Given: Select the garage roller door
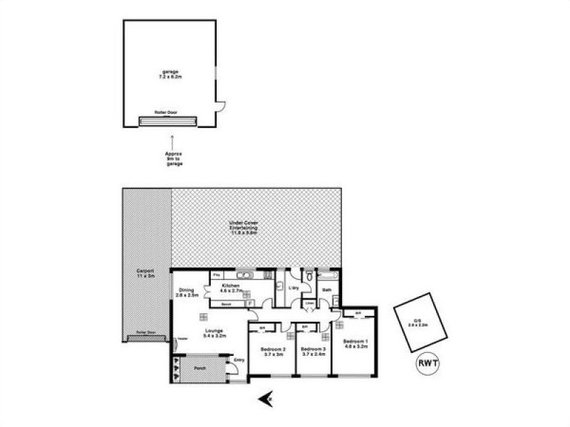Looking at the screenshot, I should pos(168,120).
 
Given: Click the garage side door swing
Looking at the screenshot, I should pos(220,107).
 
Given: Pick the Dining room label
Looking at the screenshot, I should pos(187,292).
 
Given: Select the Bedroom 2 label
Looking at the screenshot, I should pos(274,352).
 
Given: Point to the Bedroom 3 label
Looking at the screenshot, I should pos(313,352).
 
